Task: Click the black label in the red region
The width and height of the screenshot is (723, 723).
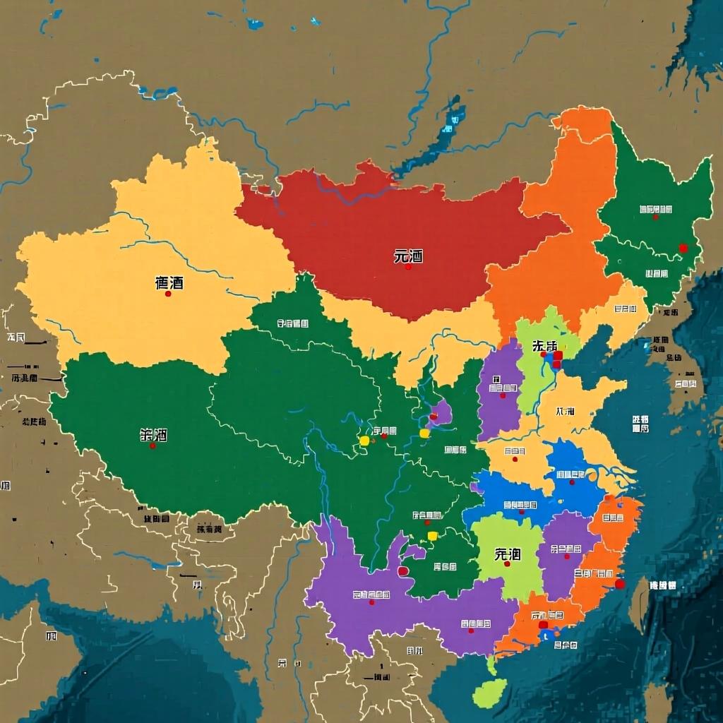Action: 408,256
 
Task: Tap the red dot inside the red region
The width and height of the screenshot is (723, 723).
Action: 408,267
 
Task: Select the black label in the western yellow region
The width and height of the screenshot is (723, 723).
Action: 169,282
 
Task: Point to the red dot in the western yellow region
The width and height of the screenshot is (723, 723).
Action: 168,294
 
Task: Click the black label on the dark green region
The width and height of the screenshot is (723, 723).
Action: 153,435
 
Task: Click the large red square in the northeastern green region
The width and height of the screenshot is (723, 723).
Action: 683,248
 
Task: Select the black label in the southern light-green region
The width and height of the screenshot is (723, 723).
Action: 507,554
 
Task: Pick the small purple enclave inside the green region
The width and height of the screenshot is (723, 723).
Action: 441,414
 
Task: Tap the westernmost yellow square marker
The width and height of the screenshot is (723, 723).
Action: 364,441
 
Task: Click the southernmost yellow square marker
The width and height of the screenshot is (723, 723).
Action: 432,536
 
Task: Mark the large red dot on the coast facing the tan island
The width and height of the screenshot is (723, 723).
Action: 619,584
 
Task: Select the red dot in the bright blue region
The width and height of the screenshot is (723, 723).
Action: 572,482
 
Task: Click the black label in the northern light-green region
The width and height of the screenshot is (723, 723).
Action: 544,346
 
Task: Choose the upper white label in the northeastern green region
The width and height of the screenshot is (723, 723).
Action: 655,209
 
